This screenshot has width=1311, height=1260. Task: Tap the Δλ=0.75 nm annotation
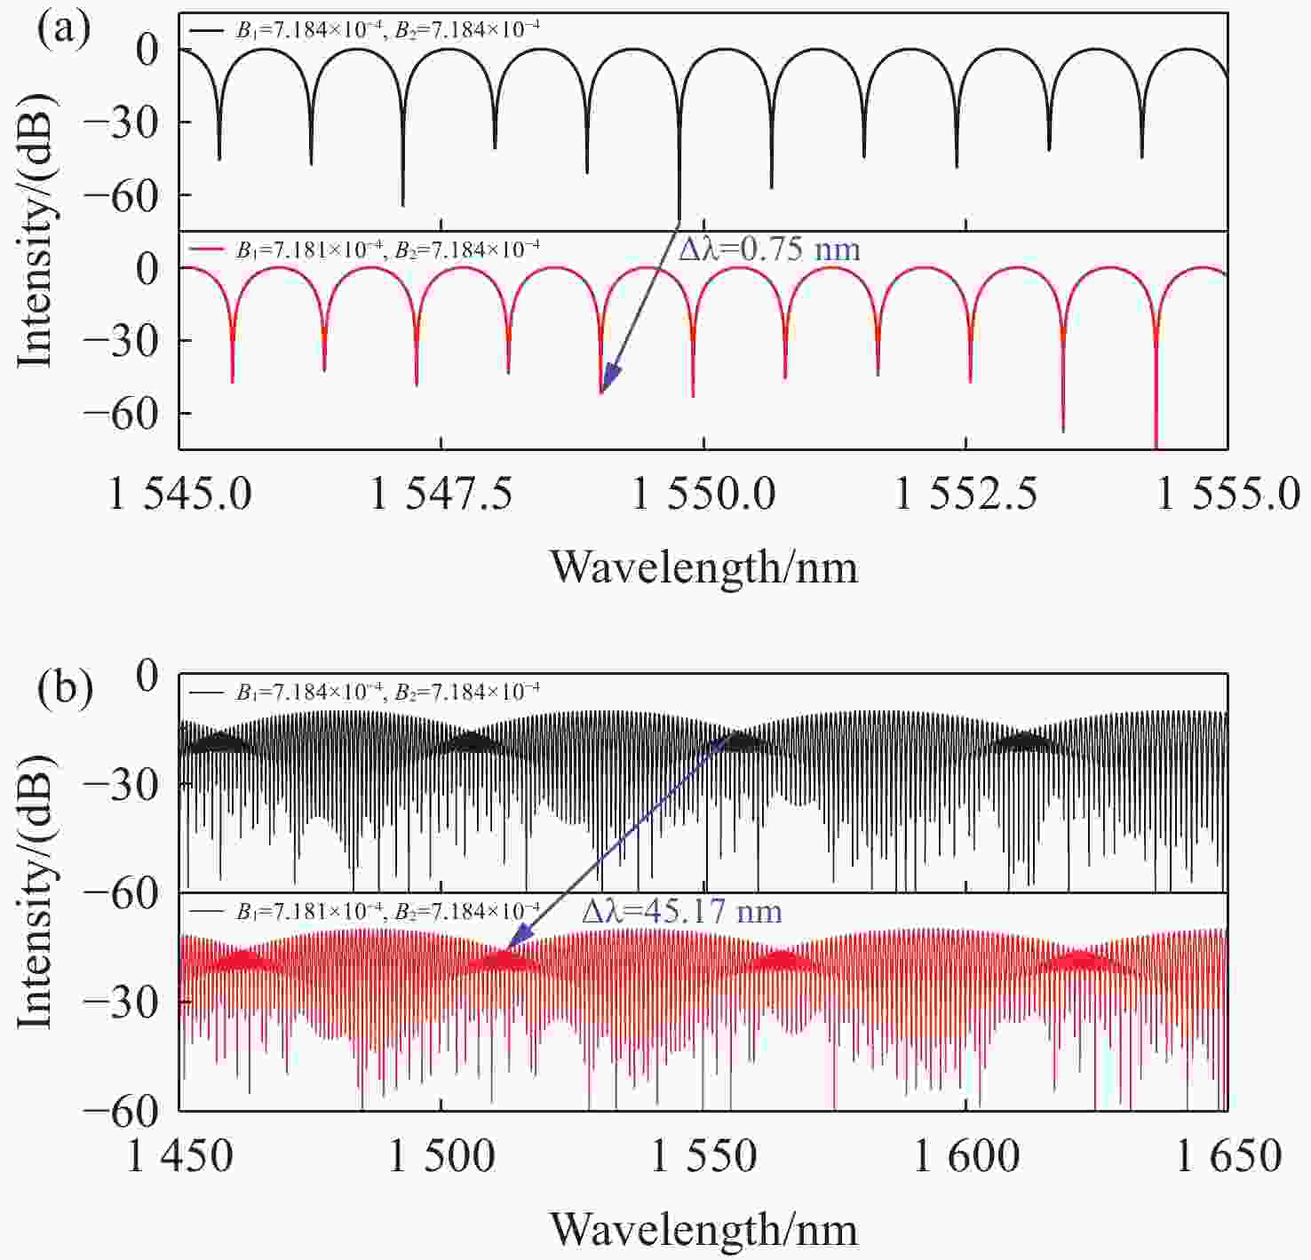(769, 250)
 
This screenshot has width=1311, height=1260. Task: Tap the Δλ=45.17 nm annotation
(681, 912)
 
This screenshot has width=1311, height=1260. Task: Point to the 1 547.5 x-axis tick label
(441, 495)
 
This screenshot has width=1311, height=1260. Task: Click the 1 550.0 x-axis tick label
(704, 495)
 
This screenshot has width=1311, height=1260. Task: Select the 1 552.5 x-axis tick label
(965, 495)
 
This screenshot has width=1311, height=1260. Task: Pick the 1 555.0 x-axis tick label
(1228, 495)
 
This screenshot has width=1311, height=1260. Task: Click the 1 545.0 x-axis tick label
(180, 495)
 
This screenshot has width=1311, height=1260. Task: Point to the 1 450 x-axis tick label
(180, 1158)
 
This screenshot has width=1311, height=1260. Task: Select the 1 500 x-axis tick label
(441, 1158)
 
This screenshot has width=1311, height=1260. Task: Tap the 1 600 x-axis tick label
(967, 1158)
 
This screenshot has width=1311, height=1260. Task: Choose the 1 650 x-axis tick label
(1229, 1158)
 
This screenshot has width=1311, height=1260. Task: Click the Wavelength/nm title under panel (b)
(704, 1231)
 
